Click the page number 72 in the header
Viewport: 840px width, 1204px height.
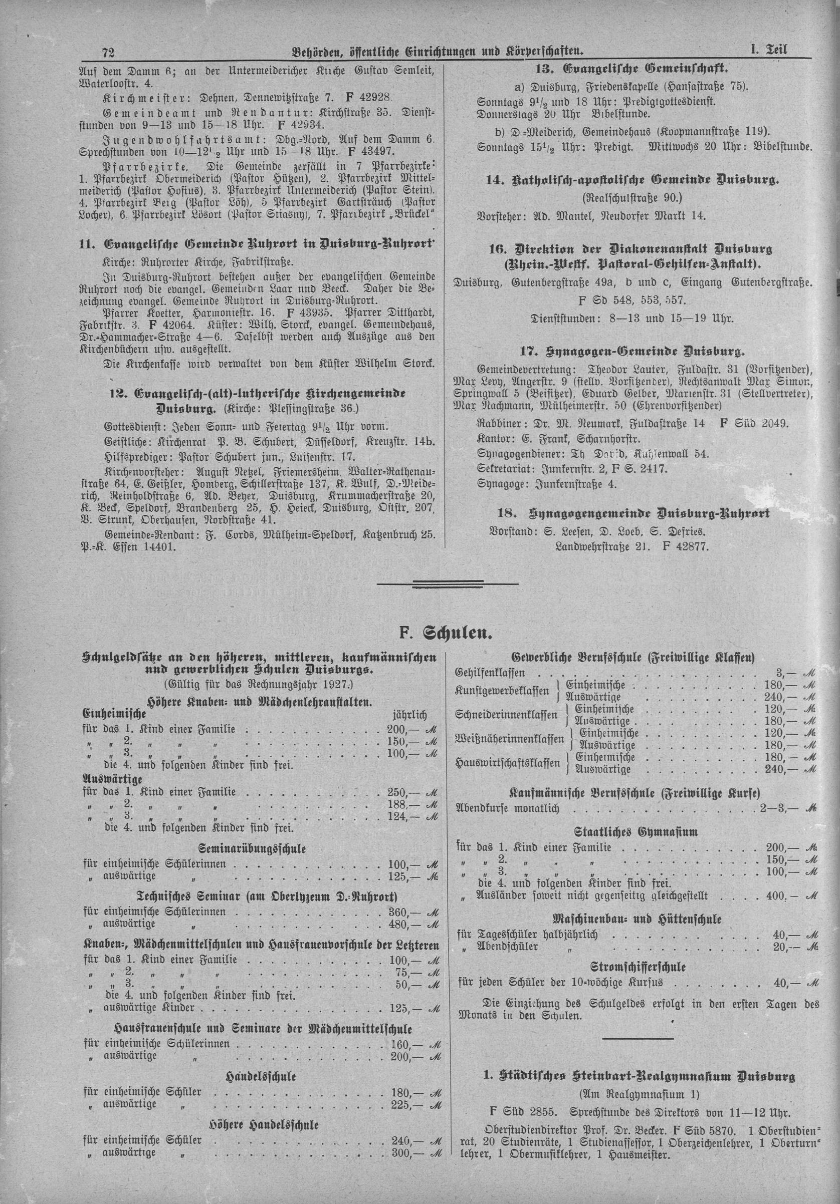click(x=109, y=52)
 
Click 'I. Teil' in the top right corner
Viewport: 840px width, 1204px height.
click(x=771, y=51)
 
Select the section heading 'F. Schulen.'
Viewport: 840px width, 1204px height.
click(x=445, y=634)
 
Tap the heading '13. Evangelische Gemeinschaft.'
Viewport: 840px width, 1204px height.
click(x=632, y=69)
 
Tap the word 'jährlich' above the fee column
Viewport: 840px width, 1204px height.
click(x=410, y=714)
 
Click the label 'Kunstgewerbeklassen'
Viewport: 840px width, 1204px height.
click(x=502, y=691)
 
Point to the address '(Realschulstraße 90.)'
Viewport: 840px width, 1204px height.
click(x=631, y=198)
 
